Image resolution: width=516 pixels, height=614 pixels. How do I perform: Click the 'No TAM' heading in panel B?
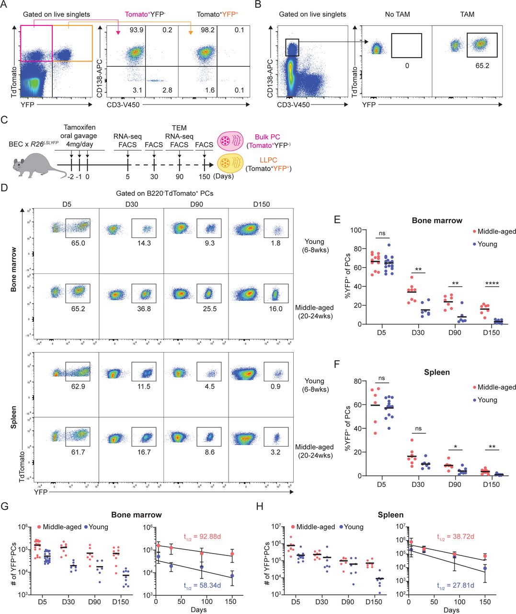[x=397, y=14]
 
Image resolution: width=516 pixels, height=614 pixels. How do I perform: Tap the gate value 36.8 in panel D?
[x=143, y=309]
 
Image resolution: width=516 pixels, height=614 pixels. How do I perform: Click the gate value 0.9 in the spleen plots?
[x=275, y=386]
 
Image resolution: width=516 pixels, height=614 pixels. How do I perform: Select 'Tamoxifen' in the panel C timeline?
[x=80, y=128]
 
